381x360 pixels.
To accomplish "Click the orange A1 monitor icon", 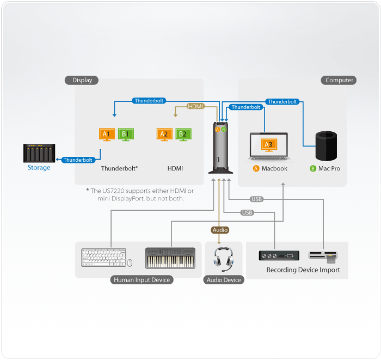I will (107, 134).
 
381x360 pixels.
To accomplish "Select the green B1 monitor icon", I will (126, 134).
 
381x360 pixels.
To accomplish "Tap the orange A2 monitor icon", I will (164, 134).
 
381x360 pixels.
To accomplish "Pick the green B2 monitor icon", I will (183, 134).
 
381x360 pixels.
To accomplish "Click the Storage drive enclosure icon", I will (39, 153).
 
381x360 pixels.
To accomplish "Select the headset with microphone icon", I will (223, 258).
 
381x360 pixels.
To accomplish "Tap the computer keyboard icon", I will (103, 258).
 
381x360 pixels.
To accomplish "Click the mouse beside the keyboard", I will (130, 263).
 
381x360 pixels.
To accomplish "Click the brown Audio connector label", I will (220, 230).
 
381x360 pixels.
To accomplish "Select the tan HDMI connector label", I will (195, 106).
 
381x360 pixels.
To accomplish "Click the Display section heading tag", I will (82, 80).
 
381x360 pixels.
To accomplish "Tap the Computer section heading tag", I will (340, 80).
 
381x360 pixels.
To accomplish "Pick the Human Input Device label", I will (142, 280).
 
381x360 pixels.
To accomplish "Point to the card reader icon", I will (323, 255).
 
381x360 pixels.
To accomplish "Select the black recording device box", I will (279, 255).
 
